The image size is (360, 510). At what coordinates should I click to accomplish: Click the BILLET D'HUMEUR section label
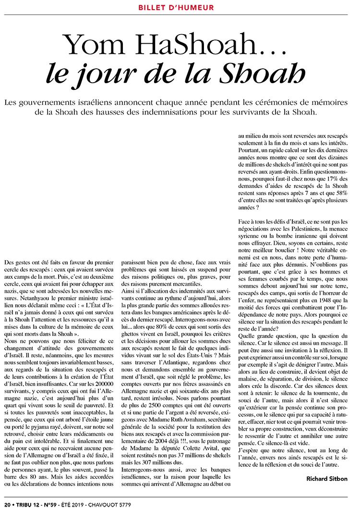pyautogui.click(x=176, y=8)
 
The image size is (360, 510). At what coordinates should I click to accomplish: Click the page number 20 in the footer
pyautogui.click(x=7, y=504)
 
